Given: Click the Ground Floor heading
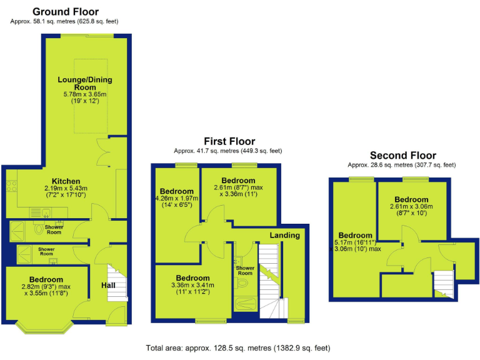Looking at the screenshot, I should pyautogui.click(x=65, y=11).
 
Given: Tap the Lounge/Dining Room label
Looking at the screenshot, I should pyautogui.click(x=86, y=84).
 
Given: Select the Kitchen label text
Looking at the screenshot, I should pyautogui.click(x=66, y=180).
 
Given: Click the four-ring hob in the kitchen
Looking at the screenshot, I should pyautogui.click(x=11, y=184).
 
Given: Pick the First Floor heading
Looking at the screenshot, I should pyautogui.click(x=229, y=141).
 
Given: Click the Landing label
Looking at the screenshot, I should pyautogui.click(x=284, y=235).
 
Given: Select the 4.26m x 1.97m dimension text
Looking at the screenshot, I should pyautogui.click(x=176, y=199).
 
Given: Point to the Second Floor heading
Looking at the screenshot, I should pyautogui.click(x=402, y=155).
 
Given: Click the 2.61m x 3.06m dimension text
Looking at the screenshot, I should pyautogui.click(x=411, y=207).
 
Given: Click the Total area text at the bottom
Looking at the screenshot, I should pyautogui.click(x=237, y=347).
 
